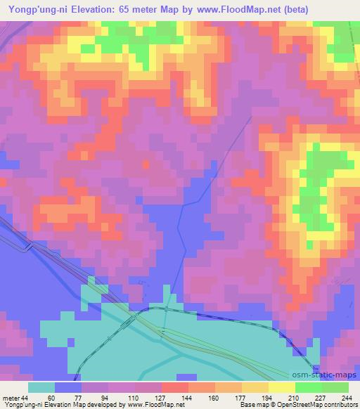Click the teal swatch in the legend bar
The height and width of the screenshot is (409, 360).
click(x=41, y=387)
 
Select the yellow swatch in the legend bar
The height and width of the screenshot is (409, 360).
click(x=281, y=387)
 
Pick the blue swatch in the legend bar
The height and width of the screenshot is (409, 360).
click(x=68, y=387)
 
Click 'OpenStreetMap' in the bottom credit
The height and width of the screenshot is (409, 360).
click(x=295, y=405)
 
